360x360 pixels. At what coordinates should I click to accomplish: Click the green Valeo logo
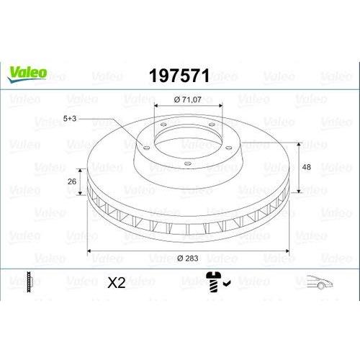coord(27,74)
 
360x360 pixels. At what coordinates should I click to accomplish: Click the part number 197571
coord(179,76)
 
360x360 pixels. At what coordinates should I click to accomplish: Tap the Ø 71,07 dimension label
coord(188,99)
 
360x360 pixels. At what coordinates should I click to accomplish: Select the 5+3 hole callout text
coord(70,118)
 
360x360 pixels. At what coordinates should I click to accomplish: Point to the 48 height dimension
coord(306,167)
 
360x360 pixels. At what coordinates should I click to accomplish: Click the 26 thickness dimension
coord(72,181)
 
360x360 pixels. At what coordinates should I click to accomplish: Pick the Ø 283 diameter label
coord(188,258)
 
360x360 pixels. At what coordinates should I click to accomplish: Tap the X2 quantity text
coord(117,282)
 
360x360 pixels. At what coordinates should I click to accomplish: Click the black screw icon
coord(214,282)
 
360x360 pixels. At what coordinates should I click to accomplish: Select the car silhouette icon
coord(320,282)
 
